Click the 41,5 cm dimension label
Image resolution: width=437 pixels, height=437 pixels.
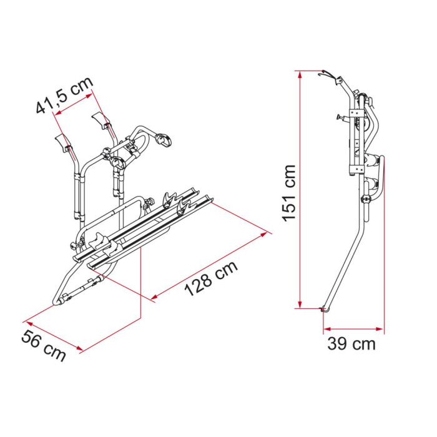pos(65,95)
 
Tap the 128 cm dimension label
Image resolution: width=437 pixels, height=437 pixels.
pos(211,278)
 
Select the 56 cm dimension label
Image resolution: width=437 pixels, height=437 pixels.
pos(44,346)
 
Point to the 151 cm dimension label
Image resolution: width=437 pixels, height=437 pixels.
pos(288,193)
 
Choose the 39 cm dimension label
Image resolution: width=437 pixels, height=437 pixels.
pos(351,343)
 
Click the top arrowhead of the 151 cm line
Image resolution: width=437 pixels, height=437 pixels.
pos(300,75)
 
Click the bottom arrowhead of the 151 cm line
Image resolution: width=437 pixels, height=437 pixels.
pos(300,305)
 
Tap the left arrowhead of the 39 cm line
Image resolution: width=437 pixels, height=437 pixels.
pos(327,329)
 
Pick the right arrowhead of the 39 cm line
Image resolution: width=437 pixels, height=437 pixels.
pos(380,329)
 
